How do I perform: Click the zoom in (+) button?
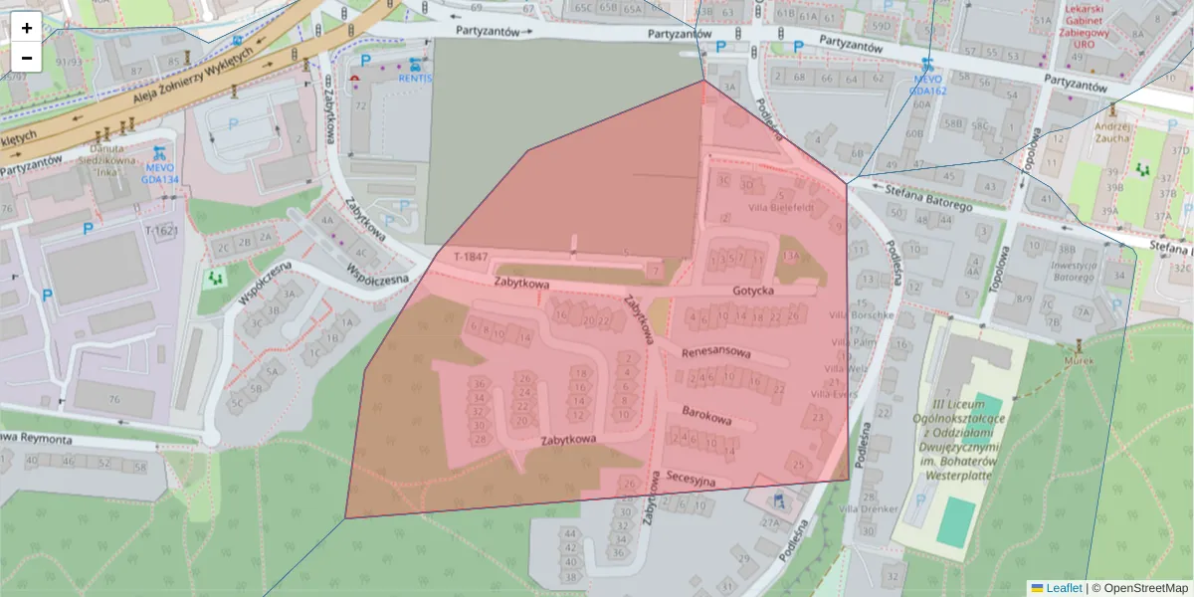pos(27,27)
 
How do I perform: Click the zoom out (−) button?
pos(27,58)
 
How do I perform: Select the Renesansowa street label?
pos(716,353)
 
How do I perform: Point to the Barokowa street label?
pos(706,415)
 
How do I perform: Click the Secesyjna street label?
pos(692,480)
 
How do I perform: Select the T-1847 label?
pos(472,258)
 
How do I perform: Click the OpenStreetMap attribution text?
pos(1139,588)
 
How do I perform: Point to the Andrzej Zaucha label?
pos(1111,132)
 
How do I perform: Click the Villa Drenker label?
pos(868,509)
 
